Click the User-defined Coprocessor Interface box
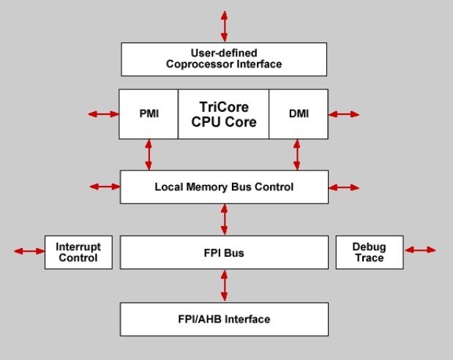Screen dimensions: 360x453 pyautogui.click(x=224, y=59)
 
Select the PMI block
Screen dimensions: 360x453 pyautogui.click(x=149, y=114)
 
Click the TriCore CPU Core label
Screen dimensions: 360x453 pyautogui.click(x=224, y=115)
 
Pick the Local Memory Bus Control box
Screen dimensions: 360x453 pyautogui.click(x=224, y=187)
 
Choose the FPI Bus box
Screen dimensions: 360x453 pyautogui.click(x=224, y=252)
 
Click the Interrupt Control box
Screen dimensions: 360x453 pyautogui.click(x=78, y=252)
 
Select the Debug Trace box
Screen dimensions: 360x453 pyautogui.click(x=369, y=252)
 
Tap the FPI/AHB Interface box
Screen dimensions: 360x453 pyautogui.click(x=224, y=319)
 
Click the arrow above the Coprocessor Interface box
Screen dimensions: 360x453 pyautogui.click(x=224, y=26)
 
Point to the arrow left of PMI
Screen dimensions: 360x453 pyautogui.click(x=103, y=114)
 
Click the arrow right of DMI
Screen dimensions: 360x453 pyautogui.click(x=344, y=114)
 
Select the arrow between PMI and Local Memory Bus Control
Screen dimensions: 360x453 pyautogui.click(x=149, y=154)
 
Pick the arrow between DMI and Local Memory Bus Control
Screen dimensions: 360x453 pyautogui.click(x=296, y=154)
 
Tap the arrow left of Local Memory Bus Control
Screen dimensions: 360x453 pyautogui.click(x=104, y=187)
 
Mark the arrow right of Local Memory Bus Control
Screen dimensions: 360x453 pyautogui.click(x=344, y=187)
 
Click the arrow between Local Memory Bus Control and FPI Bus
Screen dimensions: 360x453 pyautogui.click(x=224, y=220)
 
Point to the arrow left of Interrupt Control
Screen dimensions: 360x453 pyautogui.click(x=29, y=251)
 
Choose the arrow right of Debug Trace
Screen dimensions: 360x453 pyautogui.click(x=420, y=250)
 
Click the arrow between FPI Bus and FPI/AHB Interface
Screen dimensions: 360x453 pyautogui.click(x=224, y=285)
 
